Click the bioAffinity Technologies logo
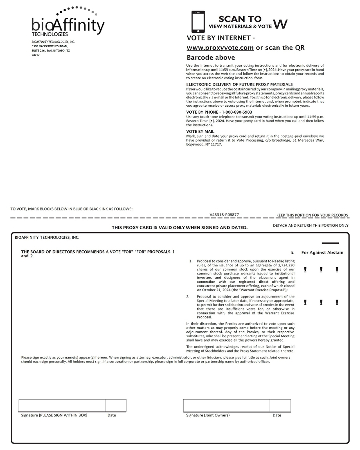tap(68, 22)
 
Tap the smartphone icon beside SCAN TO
tap(198, 22)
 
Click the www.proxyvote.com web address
tap(220, 48)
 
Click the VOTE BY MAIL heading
tap(200, 131)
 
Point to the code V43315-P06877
tap(224, 215)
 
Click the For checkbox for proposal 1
tap(305, 270)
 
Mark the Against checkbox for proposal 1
tap(321, 270)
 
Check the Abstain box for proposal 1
tap(337, 270)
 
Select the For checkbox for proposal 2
tap(305, 302)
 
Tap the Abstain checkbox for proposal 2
tap(337, 302)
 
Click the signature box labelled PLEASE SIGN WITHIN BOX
tap(62, 405)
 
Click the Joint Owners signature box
tap(226, 405)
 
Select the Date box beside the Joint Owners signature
tap(280, 405)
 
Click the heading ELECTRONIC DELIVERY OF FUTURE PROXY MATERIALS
tap(240, 84)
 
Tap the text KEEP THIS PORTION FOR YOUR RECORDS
tap(312, 215)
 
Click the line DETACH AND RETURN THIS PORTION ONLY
tap(311, 226)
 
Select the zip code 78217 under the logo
tap(36, 55)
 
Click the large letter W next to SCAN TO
tap(281, 24)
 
